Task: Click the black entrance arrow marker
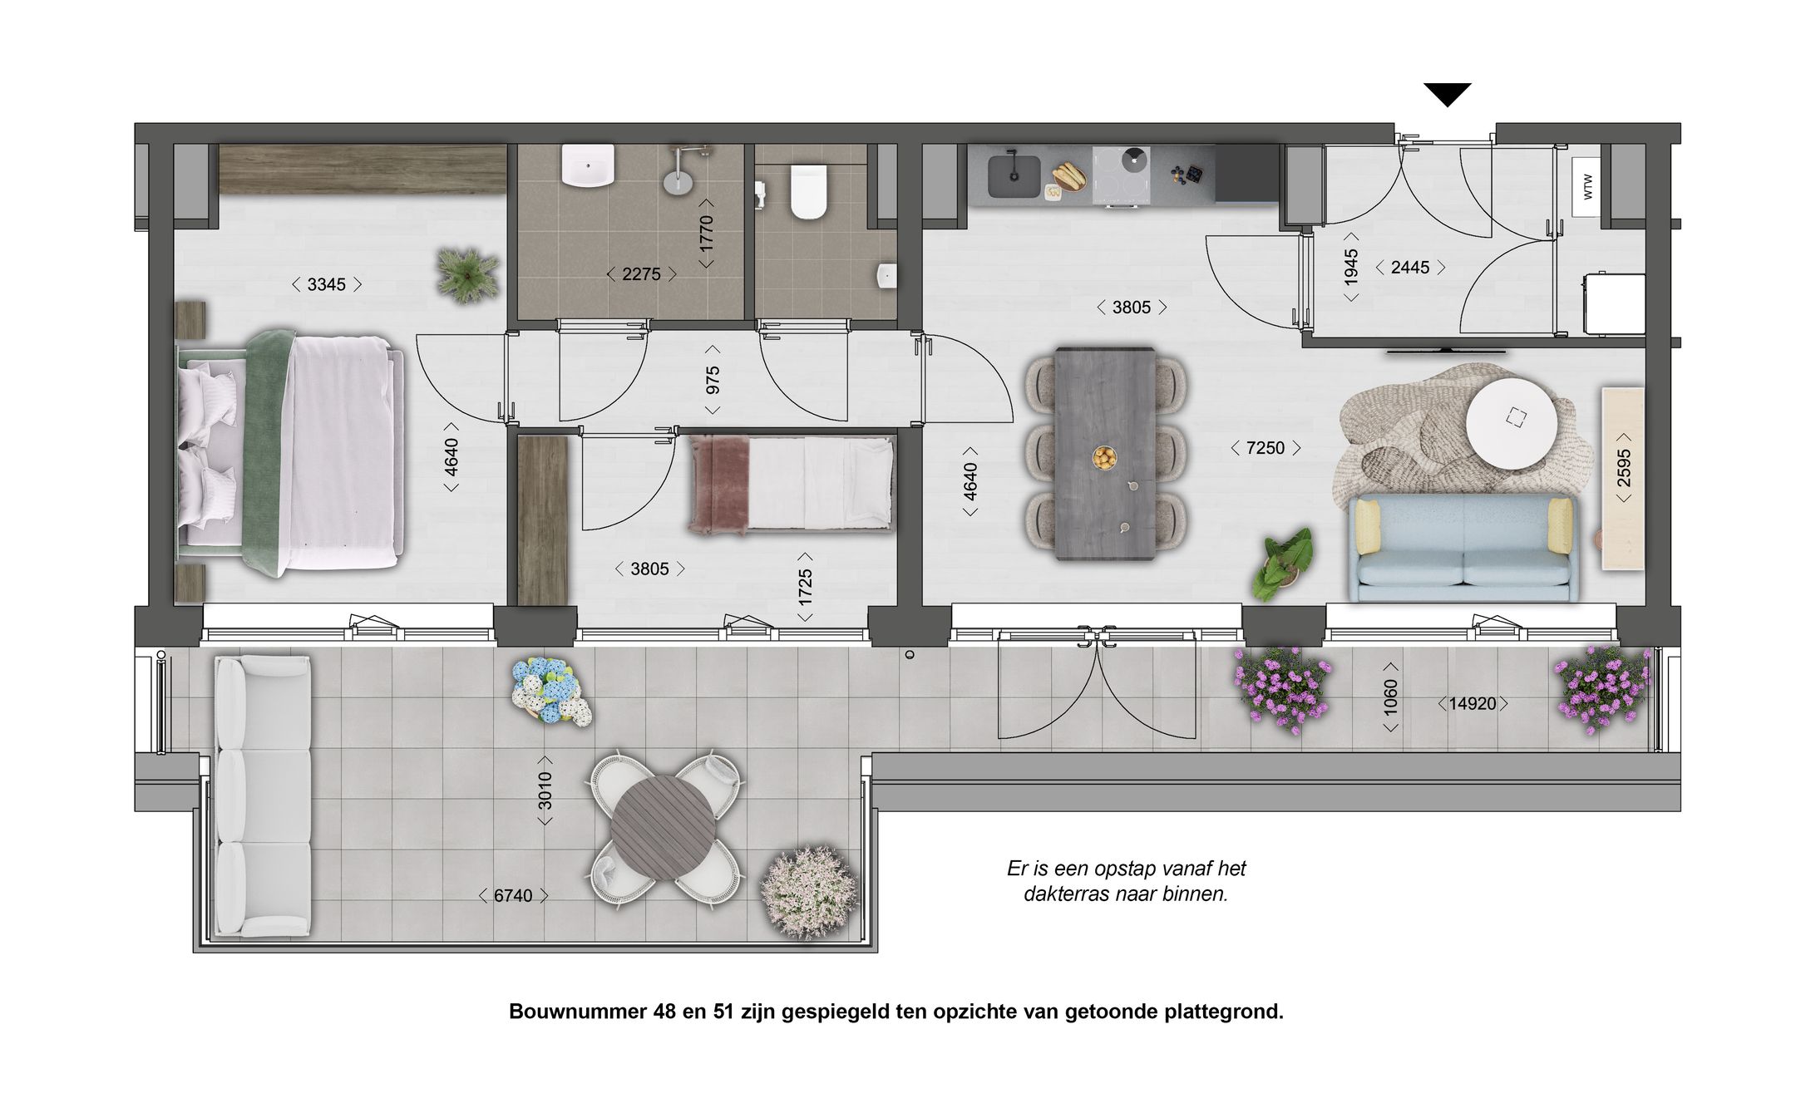1447,94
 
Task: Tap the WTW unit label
1588,186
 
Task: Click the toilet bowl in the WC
809,192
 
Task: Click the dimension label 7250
1265,448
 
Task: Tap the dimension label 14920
1472,703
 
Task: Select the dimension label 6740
513,895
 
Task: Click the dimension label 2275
641,273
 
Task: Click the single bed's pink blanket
720,484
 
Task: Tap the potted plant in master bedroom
468,273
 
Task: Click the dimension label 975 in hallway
713,380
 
